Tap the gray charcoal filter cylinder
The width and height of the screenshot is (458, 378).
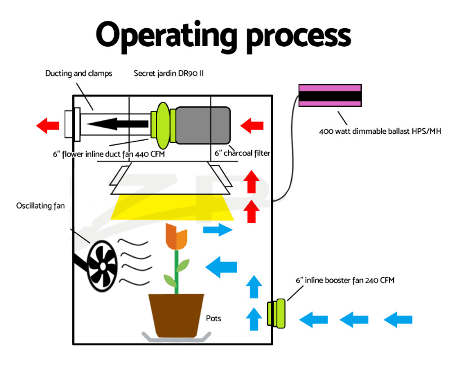click(203, 125)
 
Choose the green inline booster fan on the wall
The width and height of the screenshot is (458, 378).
click(275, 313)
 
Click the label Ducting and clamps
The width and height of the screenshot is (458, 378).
click(79, 73)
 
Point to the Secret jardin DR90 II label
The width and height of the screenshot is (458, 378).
click(168, 73)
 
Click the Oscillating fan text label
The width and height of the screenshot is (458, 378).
click(40, 206)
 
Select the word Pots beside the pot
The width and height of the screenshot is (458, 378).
click(214, 318)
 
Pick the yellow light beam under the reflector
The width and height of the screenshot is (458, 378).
click(172, 208)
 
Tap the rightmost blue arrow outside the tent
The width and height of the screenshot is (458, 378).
click(398, 319)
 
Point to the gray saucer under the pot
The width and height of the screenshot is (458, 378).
click(176, 337)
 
